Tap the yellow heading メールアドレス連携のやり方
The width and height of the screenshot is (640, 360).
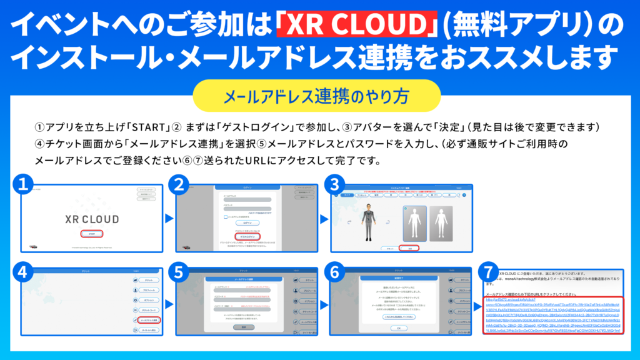pos(319,96)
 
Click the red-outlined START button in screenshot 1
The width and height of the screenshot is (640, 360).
pos(91,233)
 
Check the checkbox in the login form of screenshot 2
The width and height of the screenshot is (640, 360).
pos(226,216)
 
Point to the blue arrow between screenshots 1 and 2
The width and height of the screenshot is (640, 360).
pos(167,219)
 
